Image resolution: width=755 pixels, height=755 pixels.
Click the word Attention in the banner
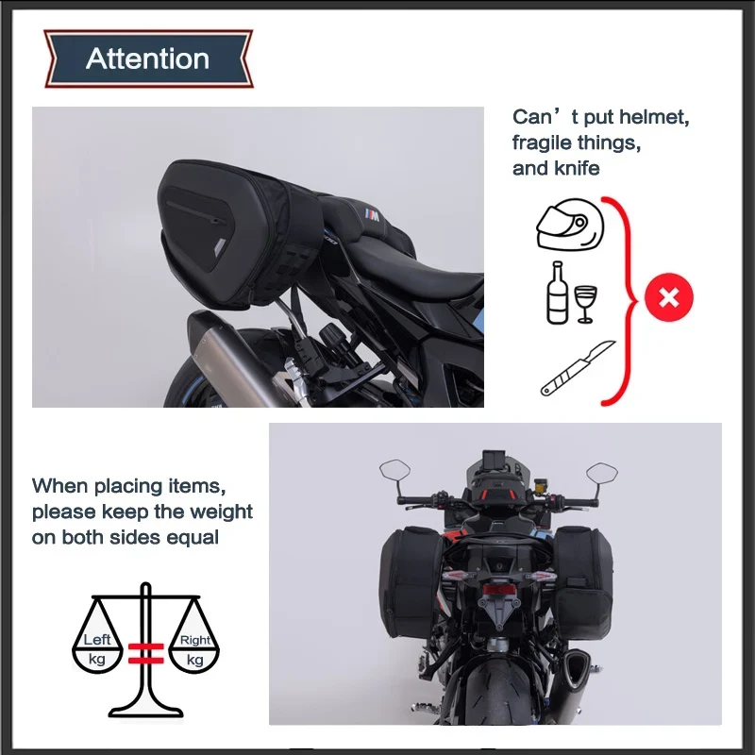coord(147,59)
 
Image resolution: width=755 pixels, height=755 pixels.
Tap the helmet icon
coord(570,226)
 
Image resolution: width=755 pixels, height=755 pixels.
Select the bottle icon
coord(557,293)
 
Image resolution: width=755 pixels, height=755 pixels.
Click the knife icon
coord(578,368)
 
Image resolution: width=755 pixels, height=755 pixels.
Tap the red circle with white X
coord(669,297)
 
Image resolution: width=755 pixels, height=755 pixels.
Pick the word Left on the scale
coord(97,640)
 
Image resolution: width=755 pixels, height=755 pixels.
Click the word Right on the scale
coord(195,641)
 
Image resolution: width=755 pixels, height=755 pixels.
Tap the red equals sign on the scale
coord(146,653)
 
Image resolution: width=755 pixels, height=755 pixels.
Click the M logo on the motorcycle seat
coord(372,215)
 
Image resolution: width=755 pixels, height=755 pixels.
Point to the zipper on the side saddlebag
coord(195,211)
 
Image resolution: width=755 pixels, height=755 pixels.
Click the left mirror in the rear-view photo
coord(394,470)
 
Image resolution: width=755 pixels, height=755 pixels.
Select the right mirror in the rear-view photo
coord(602,473)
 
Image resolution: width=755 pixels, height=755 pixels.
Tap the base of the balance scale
coord(146,711)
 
